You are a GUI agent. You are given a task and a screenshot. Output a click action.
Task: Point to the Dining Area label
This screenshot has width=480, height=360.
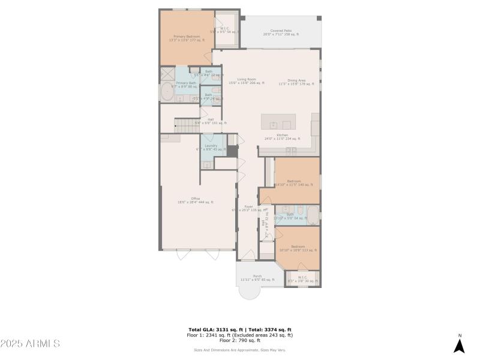point(296,82)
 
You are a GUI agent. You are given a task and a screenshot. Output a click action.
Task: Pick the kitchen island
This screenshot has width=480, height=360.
point(278,121)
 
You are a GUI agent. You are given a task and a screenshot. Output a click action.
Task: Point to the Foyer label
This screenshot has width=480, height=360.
point(248,208)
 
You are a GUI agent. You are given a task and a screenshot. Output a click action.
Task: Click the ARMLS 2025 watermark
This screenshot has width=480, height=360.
point(30,344)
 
